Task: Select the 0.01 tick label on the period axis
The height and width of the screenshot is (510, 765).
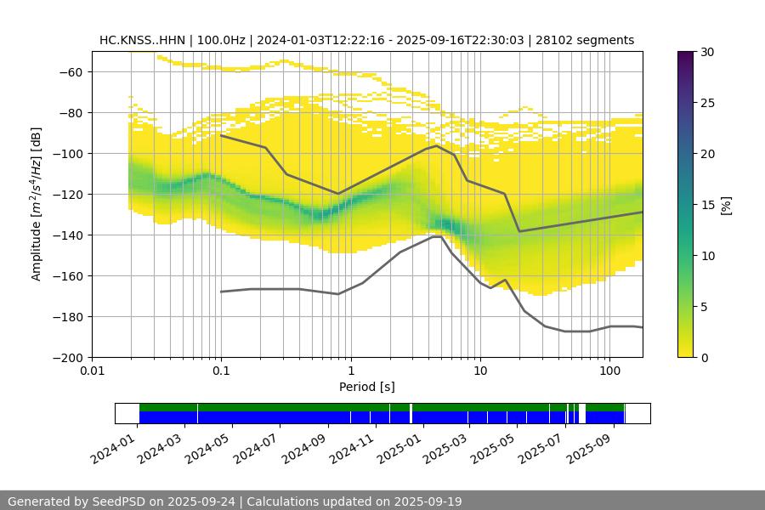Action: [92, 371]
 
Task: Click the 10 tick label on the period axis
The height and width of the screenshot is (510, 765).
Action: [480, 371]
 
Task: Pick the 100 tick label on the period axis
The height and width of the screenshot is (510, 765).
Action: [609, 371]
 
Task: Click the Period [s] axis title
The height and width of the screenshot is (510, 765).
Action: [367, 387]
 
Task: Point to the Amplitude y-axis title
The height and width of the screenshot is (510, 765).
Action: [37, 204]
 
